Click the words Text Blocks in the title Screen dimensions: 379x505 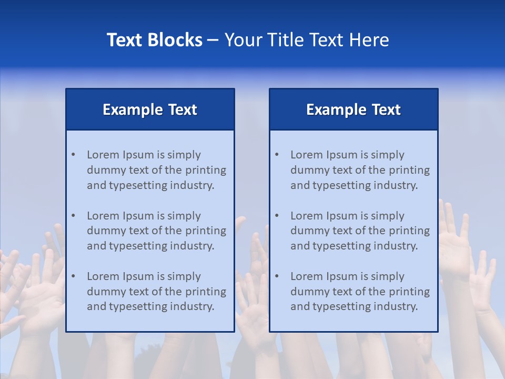tap(154, 40)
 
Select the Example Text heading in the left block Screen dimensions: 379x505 tap(150, 109)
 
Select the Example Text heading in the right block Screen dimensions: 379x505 tap(353, 109)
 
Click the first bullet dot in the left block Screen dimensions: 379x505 tap(73, 155)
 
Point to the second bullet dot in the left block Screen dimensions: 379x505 tap(73, 216)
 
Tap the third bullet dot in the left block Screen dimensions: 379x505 tap(73, 276)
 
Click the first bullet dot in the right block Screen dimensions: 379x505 tap(277, 155)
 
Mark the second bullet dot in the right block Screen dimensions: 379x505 tap(277, 216)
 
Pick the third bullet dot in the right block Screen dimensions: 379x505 tap(277, 276)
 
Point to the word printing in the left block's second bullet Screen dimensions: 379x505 tap(206, 231)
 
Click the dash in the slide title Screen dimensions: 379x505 tap(213, 40)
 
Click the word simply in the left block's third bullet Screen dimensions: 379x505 tap(184, 276)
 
